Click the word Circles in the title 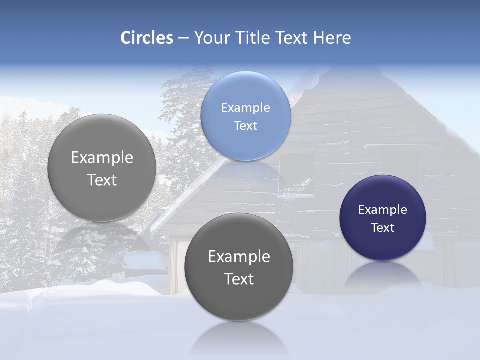(147, 38)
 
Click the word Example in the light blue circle (246, 108)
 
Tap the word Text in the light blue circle (246, 126)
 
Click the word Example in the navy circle (383, 210)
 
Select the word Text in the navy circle (383, 228)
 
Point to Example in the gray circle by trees (102, 158)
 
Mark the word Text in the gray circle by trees (102, 180)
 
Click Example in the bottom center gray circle (239, 257)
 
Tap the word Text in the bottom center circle (239, 279)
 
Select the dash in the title (183, 38)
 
